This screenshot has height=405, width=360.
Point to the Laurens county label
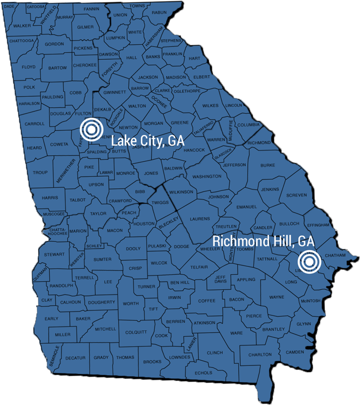tap(200, 218)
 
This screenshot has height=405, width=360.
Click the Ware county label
tap(236, 333)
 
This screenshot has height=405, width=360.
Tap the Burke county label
tap(267, 165)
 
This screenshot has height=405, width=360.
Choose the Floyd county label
tap(28, 67)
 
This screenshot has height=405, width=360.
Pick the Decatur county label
tap(75, 358)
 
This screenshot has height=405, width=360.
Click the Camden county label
tap(294, 352)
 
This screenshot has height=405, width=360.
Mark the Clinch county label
tap(215, 353)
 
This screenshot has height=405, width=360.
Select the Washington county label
tap(207, 177)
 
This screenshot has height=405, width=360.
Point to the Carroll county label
tap(35, 123)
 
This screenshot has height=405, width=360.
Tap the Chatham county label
tap(336, 256)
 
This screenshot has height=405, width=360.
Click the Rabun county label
tap(159, 12)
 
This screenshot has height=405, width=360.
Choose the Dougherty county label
tap(101, 302)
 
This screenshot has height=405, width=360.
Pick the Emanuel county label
tap(246, 207)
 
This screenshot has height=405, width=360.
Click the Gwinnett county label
tap(114, 92)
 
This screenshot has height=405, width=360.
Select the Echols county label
tap(204, 372)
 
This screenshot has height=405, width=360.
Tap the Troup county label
tap(40, 172)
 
